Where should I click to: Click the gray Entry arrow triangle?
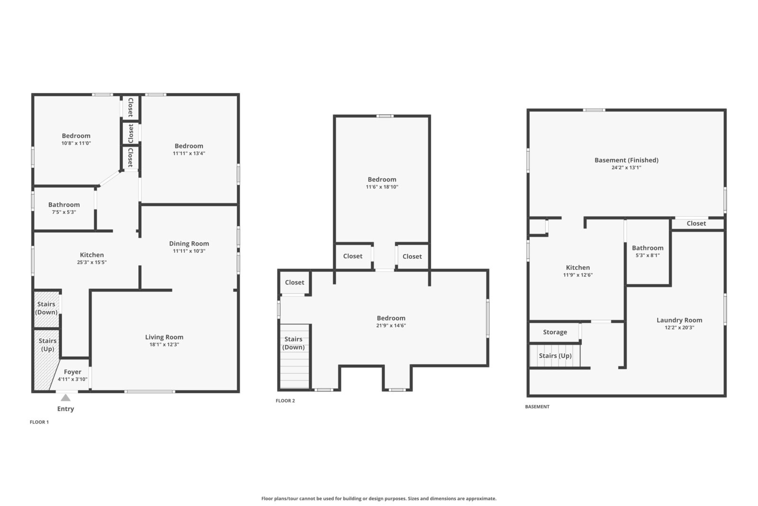[x=65, y=397]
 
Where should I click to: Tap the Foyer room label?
[x=72, y=372]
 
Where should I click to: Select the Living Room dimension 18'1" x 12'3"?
[x=164, y=344]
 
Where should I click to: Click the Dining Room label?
[x=189, y=244]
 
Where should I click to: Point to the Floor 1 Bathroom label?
[x=64, y=204]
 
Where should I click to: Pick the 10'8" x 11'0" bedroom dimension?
[x=76, y=143]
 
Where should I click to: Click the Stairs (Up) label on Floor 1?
[x=47, y=345]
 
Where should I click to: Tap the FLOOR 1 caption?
[x=39, y=422]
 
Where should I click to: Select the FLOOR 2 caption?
[x=285, y=401]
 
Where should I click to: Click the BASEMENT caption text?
[x=537, y=407]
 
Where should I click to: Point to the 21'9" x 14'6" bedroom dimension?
[x=391, y=325]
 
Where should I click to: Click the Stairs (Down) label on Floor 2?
[x=293, y=343]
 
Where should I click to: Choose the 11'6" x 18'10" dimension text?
[x=382, y=187]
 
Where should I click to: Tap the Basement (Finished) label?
[x=626, y=160]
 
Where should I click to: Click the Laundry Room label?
[x=679, y=320]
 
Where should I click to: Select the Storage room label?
[x=555, y=332]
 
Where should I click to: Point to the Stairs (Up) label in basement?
[x=555, y=356]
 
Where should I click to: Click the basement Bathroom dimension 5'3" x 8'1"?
[x=648, y=255]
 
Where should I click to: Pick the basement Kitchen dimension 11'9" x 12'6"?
[x=578, y=275]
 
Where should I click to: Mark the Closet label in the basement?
[x=696, y=223]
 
